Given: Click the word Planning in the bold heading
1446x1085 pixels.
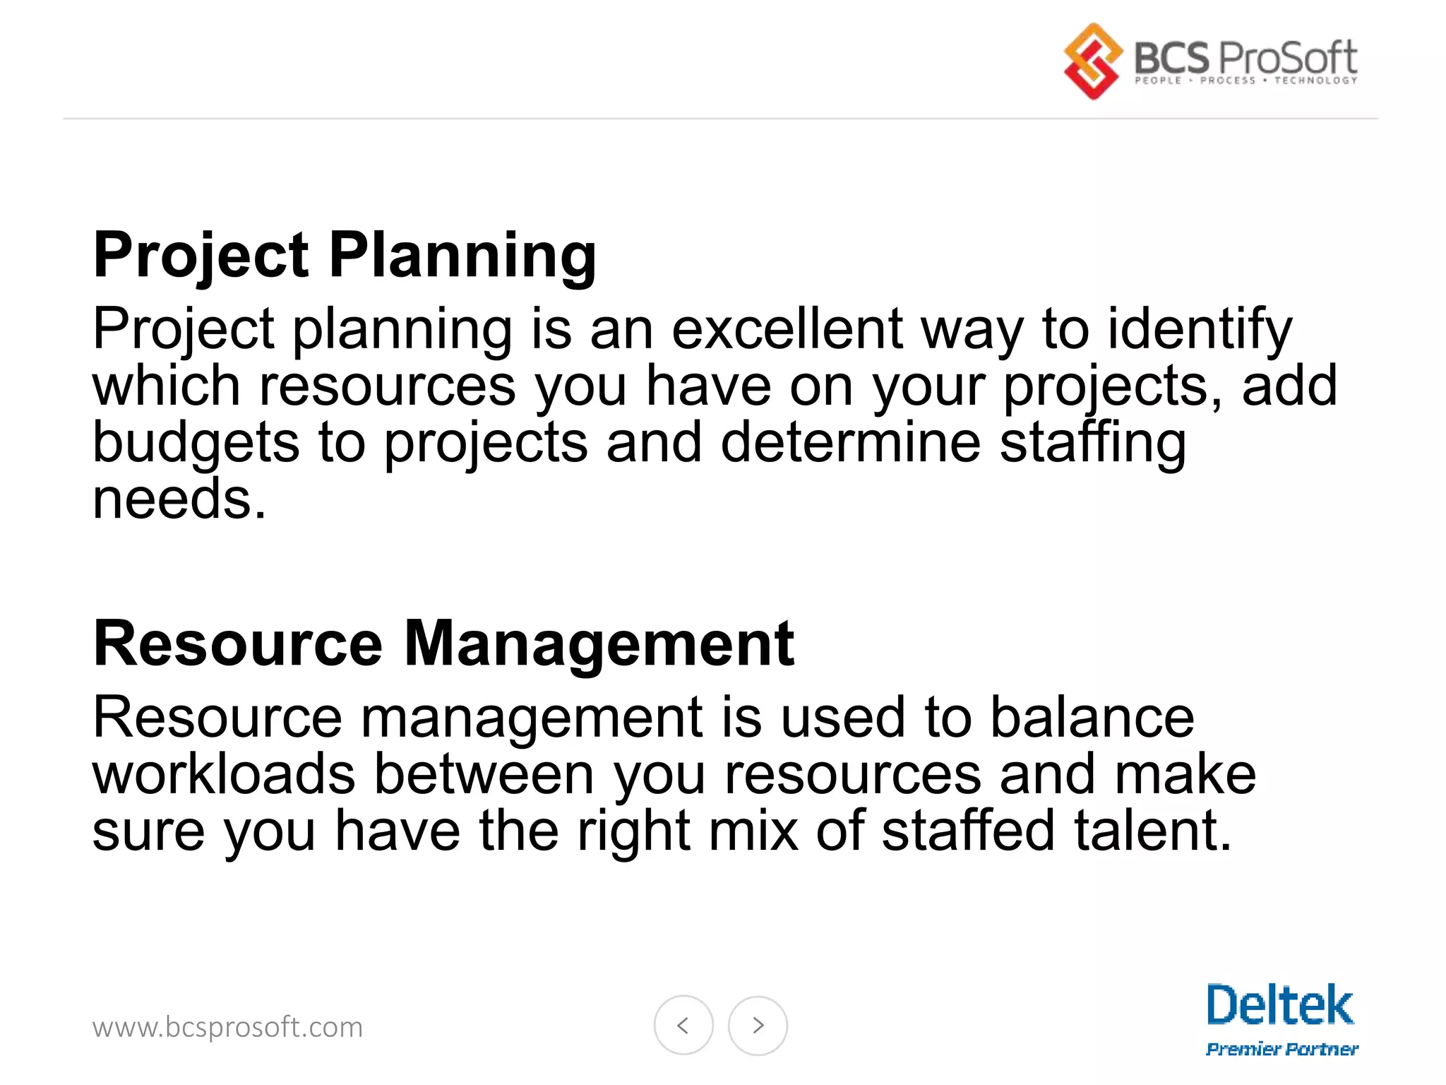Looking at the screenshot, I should (x=462, y=256).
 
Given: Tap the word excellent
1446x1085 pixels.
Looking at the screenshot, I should (x=787, y=328).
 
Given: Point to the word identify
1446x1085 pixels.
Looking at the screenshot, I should (x=1200, y=330).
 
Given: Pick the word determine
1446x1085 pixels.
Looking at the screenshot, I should (x=851, y=442).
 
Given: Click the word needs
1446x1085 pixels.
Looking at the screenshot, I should (x=179, y=499).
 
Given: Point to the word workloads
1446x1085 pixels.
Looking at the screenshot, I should (x=224, y=774).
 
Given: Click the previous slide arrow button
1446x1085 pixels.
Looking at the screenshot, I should (x=683, y=1025).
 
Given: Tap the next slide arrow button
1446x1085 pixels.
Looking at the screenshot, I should (x=758, y=1025).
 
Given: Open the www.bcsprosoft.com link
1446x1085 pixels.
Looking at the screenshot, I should (x=227, y=1027).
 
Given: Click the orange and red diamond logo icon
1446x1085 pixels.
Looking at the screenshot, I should (x=1092, y=61).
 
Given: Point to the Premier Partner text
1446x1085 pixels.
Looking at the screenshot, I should (x=1281, y=1049).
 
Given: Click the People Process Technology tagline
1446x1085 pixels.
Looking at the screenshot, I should (x=1245, y=81).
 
